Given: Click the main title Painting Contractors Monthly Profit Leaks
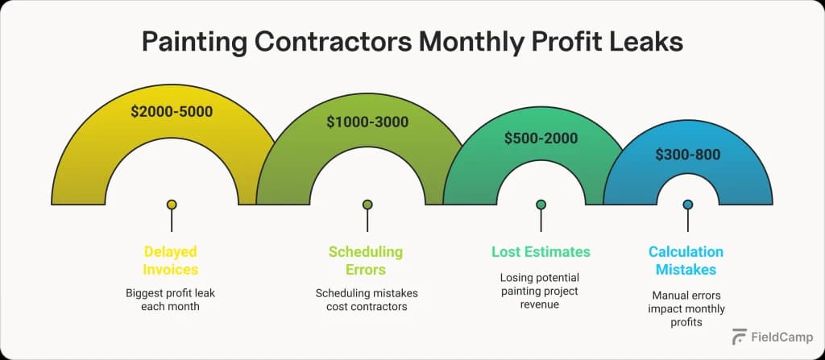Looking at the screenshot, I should (412, 42).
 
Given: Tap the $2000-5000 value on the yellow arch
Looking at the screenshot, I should (172, 112).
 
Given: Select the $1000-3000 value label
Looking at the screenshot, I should (367, 122).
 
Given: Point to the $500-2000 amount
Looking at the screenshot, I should (541, 138).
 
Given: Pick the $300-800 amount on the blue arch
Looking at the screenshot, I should (686, 154).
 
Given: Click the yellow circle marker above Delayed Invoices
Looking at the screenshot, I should (172, 205).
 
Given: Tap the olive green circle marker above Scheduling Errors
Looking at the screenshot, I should (367, 205).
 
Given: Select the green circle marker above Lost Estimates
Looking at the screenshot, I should (541, 205).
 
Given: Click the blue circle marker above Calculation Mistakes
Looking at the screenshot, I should (687, 205).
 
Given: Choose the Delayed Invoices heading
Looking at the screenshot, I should (171, 260).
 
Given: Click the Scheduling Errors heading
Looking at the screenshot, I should (366, 260).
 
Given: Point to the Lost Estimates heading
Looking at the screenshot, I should (541, 252).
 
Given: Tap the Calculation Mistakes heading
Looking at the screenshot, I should (686, 260).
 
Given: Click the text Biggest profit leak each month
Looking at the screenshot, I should (171, 300).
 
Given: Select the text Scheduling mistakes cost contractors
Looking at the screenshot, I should (367, 300).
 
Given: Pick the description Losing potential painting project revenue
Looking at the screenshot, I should (541, 292).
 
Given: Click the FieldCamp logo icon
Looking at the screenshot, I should (738, 337).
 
